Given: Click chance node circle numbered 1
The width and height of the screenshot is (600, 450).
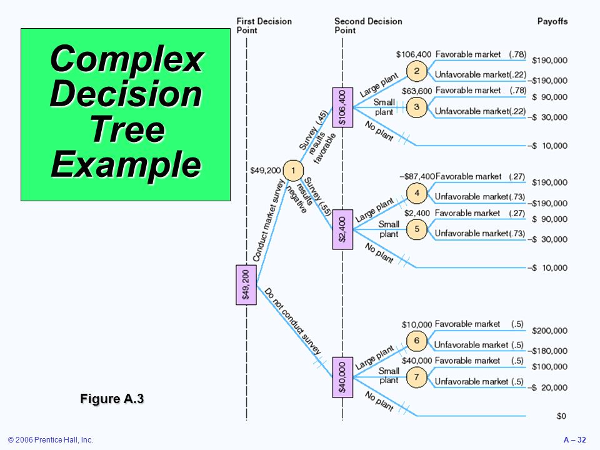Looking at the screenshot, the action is coord(293,170).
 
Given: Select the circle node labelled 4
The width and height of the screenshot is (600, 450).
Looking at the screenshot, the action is coord(417,193).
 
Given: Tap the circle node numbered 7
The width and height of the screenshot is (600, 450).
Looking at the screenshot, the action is coord(417,377).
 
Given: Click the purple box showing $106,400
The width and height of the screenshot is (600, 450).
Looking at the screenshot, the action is coord(342,107).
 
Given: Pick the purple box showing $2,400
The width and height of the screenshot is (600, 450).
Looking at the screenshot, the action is coord(342,229).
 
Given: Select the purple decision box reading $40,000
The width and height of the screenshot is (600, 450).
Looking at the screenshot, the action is coord(342,377).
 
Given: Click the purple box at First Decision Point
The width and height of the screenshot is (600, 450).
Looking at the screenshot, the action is coord(246,285).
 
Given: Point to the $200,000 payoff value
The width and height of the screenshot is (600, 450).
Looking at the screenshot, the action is coord(549,331).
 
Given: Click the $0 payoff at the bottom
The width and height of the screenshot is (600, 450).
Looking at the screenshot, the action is coord(561,416).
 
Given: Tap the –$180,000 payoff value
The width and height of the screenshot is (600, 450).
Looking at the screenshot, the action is coord(547,351).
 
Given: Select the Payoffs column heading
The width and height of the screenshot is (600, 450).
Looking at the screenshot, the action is coord(552,21).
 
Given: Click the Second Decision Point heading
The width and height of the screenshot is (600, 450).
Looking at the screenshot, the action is coord(368,26).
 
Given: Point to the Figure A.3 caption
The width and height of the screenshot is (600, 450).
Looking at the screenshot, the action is coord(112,399).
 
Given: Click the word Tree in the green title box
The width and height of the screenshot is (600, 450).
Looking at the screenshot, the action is coord(127,129).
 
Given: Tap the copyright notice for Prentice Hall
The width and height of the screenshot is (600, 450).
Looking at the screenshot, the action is coord(51,440).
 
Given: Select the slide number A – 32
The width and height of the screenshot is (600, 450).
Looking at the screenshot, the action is coord(575,440).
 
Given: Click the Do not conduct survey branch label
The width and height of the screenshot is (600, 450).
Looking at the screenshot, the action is coord(293,321).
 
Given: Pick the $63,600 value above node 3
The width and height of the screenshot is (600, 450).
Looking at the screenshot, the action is coord(417,91).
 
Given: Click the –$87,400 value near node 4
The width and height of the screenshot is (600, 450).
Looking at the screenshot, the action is coord(417,176).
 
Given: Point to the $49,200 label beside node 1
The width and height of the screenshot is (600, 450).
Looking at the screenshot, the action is coord(266,170).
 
